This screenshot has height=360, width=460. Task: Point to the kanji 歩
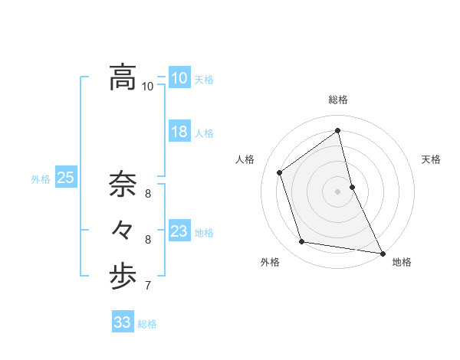pyautogui.click(x=122, y=277)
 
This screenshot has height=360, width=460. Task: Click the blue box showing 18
pyautogui.click(x=179, y=132)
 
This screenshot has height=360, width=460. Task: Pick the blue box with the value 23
pyautogui.click(x=179, y=231)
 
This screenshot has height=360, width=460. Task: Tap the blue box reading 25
pyautogui.click(x=65, y=178)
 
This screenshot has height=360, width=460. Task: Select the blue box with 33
pyautogui.click(x=122, y=322)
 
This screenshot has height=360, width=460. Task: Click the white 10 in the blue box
pyautogui.click(x=179, y=78)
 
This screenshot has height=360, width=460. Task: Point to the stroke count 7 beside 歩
pyautogui.click(x=148, y=286)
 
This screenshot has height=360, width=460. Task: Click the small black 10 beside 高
pyautogui.click(x=148, y=87)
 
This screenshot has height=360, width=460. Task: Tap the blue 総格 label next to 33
pyautogui.click(x=148, y=324)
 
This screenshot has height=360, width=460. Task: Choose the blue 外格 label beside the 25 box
pyautogui.click(x=41, y=179)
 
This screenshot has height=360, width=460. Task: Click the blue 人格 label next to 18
pyautogui.click(x=204, y=133)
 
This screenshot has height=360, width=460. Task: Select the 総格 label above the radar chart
pyautogui.click(x=338, y=100)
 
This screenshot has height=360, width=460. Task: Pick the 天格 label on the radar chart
pyautogui.click(x=431, y=159)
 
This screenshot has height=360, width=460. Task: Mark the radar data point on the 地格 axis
pyautogui.click(x=382, y=253)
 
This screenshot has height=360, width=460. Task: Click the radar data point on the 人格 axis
pyautogui.click(x=280, y=172)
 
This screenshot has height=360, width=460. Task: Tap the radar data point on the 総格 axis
pyautogui.click(x=338, y=130)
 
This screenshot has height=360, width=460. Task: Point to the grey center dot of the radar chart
pyautogui.click(x=338, y=191)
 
